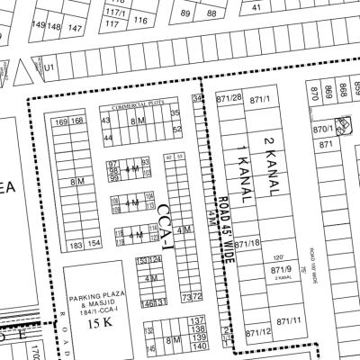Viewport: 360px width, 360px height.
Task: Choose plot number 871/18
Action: (247, 244)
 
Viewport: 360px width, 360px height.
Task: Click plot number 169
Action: (62, 121)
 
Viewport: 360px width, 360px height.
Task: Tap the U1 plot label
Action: (50, 67)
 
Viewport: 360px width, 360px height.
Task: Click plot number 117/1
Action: (113, 13)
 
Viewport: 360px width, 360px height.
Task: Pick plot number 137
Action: (200, 320)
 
